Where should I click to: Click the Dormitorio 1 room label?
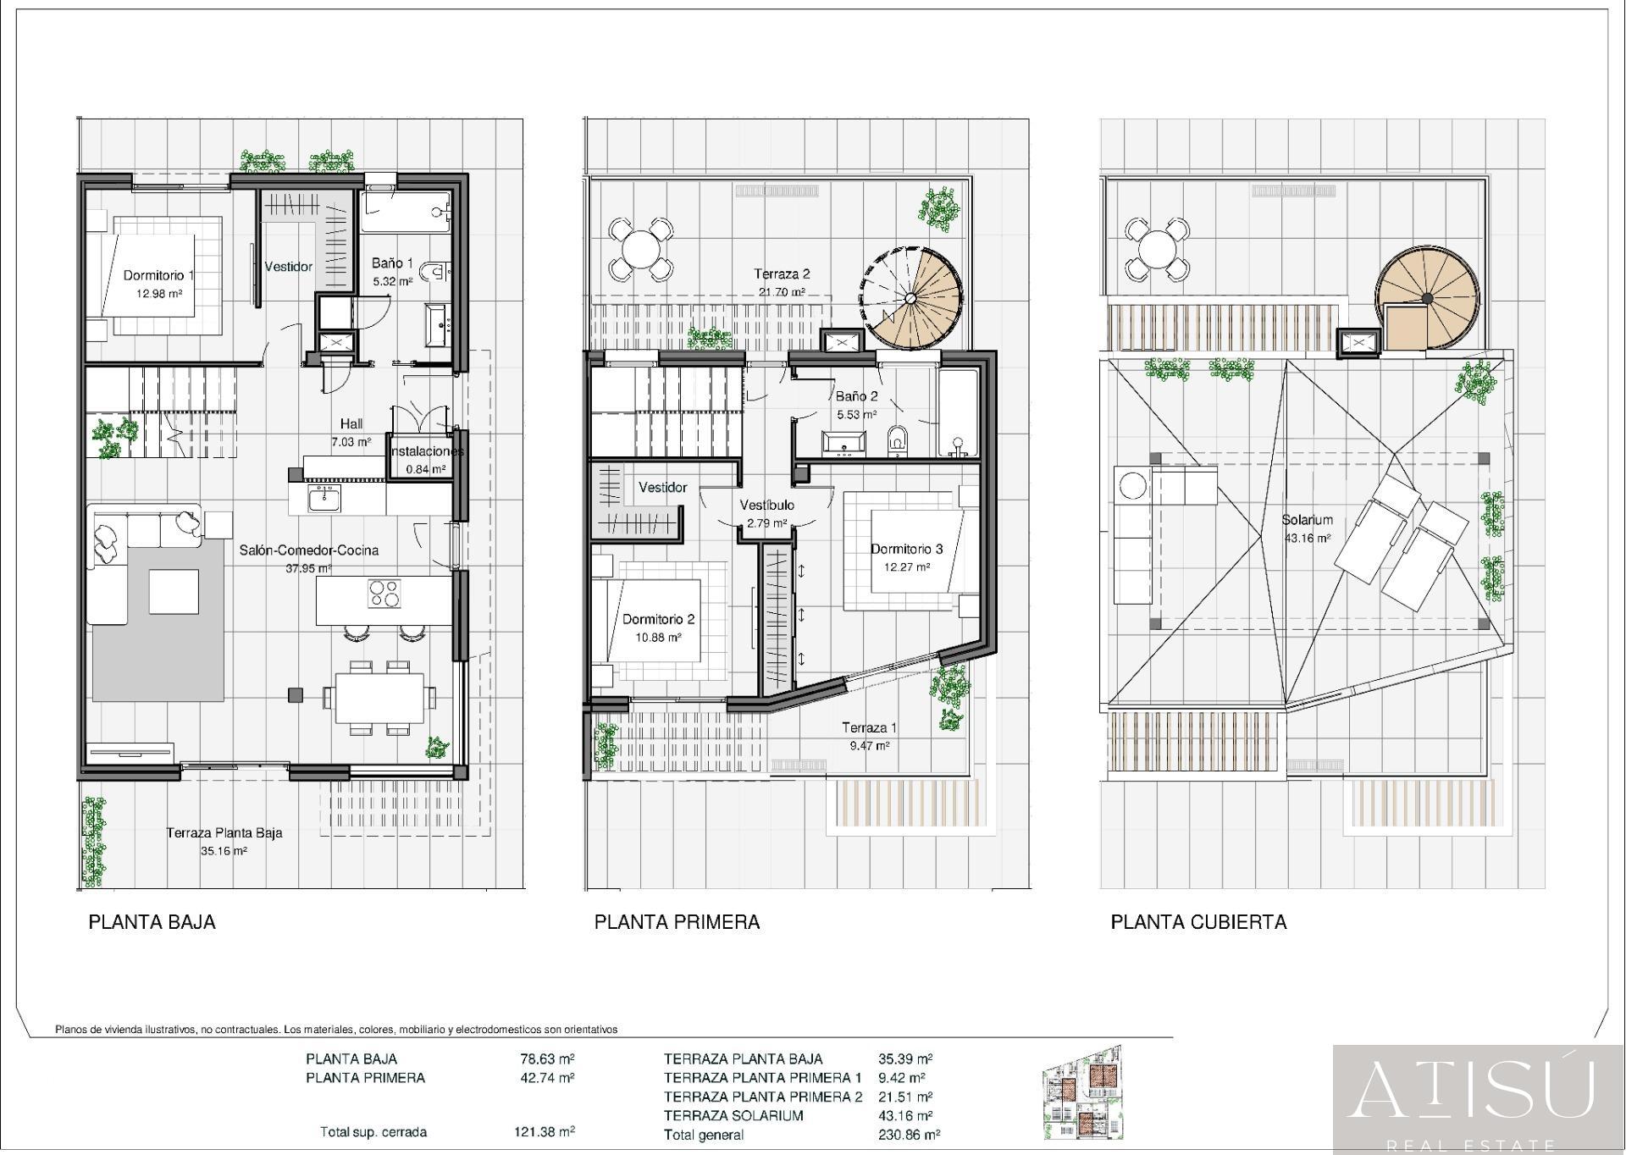click(159, 275)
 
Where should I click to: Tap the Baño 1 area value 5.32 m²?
click(391, 281)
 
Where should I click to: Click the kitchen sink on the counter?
click(324, 500)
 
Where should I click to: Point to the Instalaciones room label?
click(426, 451)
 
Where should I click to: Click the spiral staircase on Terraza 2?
click(912, 297)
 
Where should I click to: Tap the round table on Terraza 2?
click(641, 249)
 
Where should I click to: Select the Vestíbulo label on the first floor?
click(766, 505)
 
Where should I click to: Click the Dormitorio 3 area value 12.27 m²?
click(907, 567)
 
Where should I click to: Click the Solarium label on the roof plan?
click(1307, 520)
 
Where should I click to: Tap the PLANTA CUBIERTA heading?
click(1198, 922)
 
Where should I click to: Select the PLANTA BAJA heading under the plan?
click(152, 922)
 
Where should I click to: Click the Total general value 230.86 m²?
click(910, 1135)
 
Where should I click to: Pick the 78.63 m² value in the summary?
click(547, 1058)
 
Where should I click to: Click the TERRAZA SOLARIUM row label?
click(733, 1116)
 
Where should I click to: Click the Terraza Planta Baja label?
click(224, 833)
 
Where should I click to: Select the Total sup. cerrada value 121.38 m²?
click(545, 1131)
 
